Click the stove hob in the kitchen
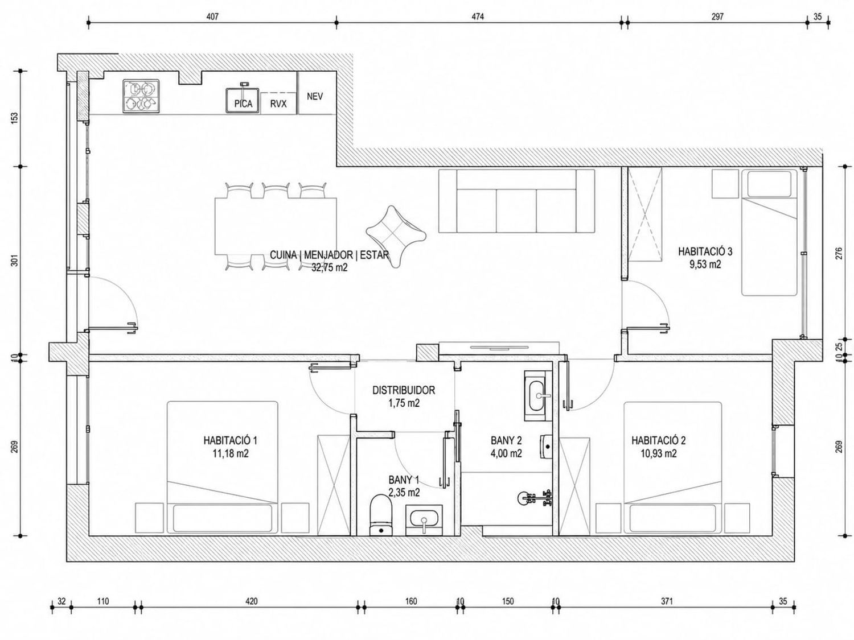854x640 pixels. [141, 96]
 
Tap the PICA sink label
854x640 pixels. [243, 104]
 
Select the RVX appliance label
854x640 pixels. [278, 104]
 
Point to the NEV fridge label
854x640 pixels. [315, 96]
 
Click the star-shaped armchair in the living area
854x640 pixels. [396, 237]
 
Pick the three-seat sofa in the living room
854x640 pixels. [517, 201]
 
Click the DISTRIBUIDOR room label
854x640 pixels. [404, 390]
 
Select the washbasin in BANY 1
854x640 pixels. [424, 521]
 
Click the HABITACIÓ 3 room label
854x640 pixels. [705, 251]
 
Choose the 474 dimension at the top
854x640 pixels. [478, 16]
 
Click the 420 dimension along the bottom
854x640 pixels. [251, 601]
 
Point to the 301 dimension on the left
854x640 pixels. [15, 261]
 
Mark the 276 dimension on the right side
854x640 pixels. [839, 253]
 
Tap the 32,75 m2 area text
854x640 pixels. [329, 267]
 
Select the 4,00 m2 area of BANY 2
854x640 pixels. [506, 453]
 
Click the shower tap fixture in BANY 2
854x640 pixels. [535, 498]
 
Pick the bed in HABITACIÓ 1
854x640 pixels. [223, 468]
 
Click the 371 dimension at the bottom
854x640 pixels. [667, 601]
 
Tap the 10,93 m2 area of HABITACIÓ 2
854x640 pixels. [658, 453]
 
